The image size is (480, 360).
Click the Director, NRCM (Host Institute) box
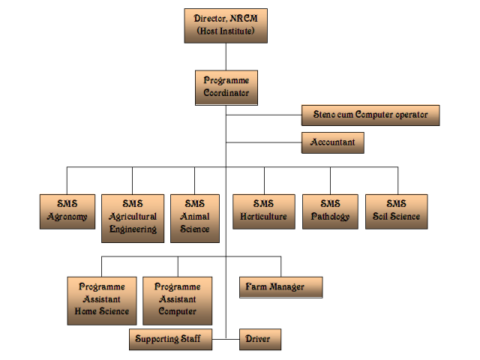[x=226, y=25]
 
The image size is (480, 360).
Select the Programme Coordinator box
[x=226, y=88]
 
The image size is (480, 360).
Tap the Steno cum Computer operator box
[x=370, y=115]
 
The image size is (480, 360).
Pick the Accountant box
[x=332, y=142]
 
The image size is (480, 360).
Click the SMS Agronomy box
[x=67, y=211]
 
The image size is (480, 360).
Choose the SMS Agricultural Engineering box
[x=133, y=217]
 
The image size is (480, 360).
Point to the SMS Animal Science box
[x=195, y=217]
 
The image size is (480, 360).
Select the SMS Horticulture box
[x=263, y=211]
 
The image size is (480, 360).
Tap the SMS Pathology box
[x=330, y=211]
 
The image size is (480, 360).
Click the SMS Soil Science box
[x=396, y=211]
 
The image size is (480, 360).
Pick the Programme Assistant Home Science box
[x=102, y=300]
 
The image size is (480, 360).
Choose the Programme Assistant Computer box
[x=178, y=300]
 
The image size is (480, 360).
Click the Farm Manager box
[x=281, y=287]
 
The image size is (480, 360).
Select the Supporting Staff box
[x=169, y=339]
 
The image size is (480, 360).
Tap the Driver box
[x=260, y=339]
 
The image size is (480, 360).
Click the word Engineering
[x=133, y=229]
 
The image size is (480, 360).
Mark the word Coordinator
[x=226, y=94]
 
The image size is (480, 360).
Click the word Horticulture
[x=263, y=217]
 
